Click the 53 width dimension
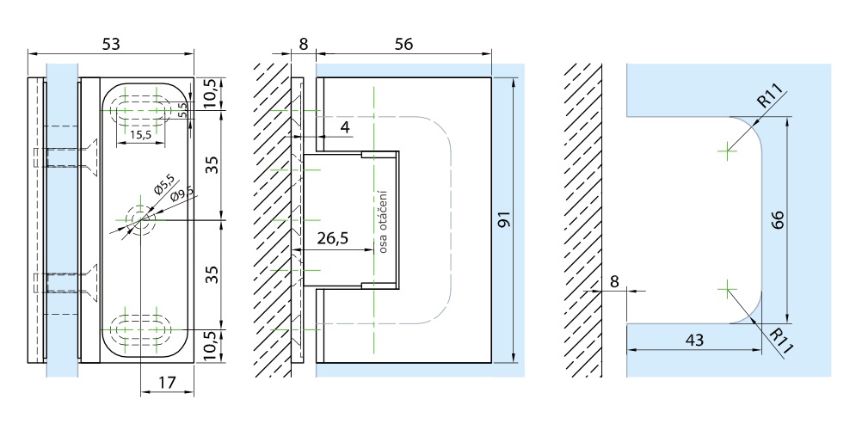pyautogui.click(x=110, y=44)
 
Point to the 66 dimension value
pyautogui.click(x=779, y=220)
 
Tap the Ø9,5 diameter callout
pyautogui.click(x=182, y=193)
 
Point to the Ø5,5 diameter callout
pyautogui.click(x=163, y=183)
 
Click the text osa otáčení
pyautogui.click(x=384, y=221)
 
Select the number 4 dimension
pyautogui.click(x=344, y=126)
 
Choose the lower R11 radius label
pyautogui.click(x=779, y=339)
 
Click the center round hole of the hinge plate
pyautogui.click(x=139, y=220)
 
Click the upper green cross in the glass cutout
pyautogui.click(x=728, y=152)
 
